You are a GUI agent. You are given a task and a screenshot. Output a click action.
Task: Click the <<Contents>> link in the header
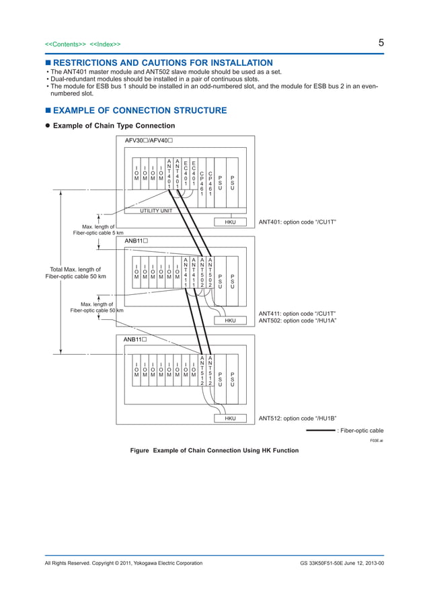pyautogui.click(x=65, y=44)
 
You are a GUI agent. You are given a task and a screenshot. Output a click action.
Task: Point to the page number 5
pyautogui.click(x=381, y=43)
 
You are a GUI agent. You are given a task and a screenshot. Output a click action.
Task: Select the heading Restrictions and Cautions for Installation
pyautogui.click(x=159, y=62)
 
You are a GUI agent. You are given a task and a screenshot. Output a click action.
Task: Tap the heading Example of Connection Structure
pyautogui.click(x=139, y=111)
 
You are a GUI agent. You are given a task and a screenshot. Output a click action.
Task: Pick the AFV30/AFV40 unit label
pyautogui.click(x=149, y=140)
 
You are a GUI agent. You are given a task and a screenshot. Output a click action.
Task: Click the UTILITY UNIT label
pyautogui.click(x=156, y=210)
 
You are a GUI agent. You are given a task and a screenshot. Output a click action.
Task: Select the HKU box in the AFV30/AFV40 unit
pyautogui.click(x=230, y=222)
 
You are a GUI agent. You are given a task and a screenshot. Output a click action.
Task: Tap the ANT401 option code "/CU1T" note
pyautogui.click(x=297, y=222)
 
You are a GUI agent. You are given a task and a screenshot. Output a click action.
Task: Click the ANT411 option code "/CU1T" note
pyautogui.click(x=297, y=314)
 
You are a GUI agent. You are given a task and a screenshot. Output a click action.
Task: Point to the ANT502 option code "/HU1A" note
pyautogui.click(x=297, y=321)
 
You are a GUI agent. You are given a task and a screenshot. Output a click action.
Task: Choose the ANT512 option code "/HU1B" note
pyautogui.click(x=297, y=419)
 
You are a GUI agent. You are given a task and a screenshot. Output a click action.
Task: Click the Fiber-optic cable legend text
pyautogui.click(x=360, y=430)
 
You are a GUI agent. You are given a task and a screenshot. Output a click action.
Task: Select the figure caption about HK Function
pyautogui.click(x=214, y=450)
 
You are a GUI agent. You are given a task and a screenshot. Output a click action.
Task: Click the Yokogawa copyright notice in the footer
pyautogui.click(x=123, y=563)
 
